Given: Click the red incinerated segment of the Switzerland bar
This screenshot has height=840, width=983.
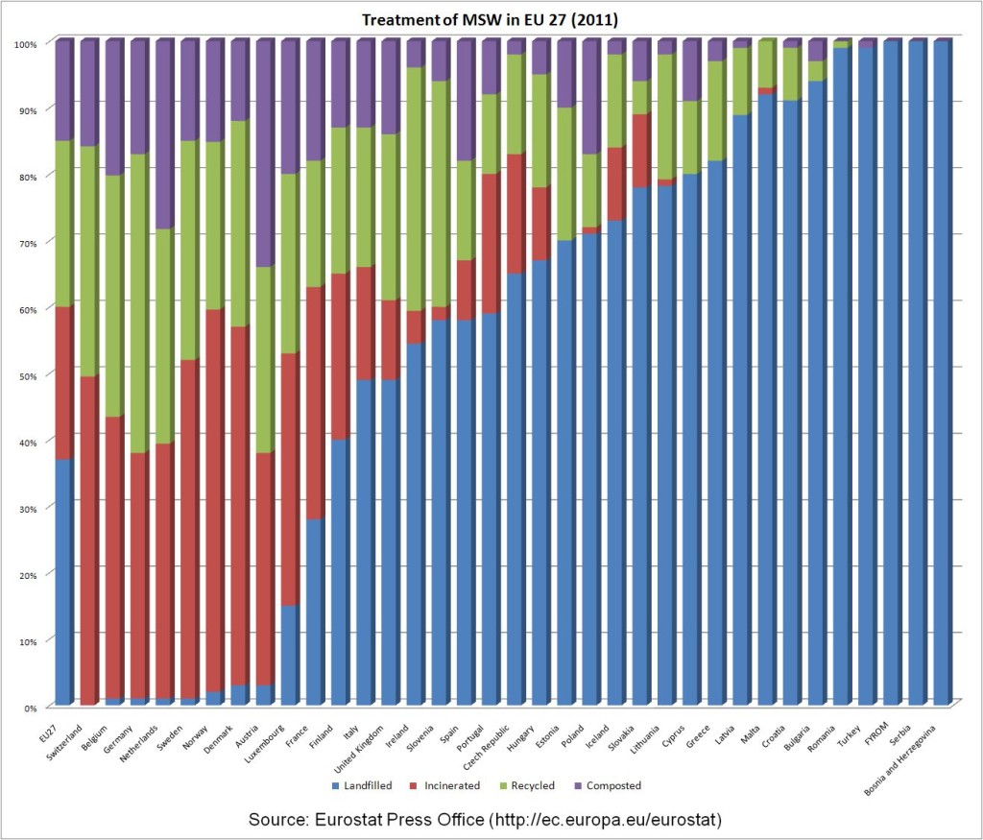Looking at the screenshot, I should pyautogui.click(x=89, y=538).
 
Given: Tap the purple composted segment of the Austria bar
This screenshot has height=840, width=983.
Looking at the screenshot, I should pyautogui.click(x=264, y=154).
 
